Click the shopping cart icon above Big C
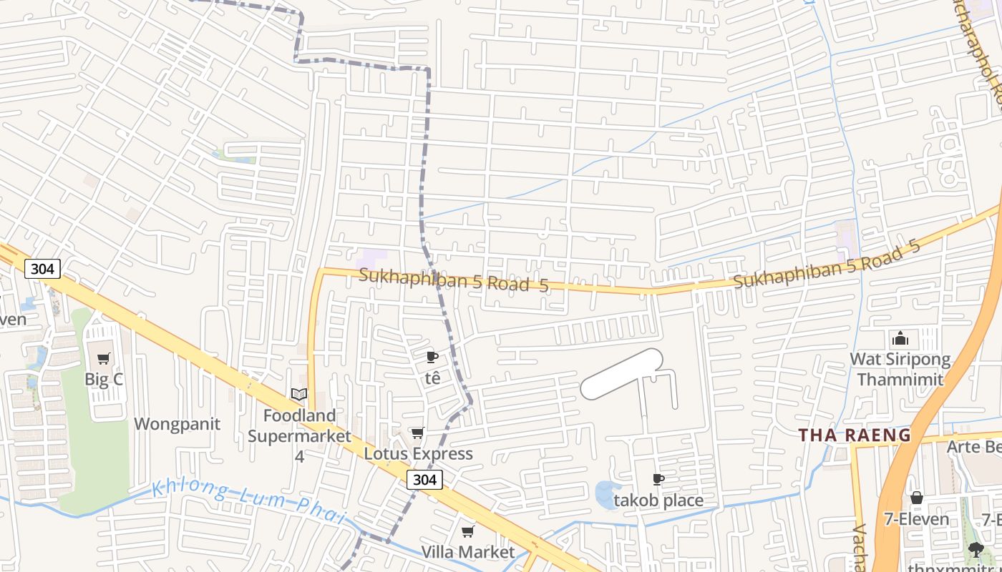(104, 358)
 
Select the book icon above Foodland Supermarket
(299, 394)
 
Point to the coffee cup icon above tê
(432, 356)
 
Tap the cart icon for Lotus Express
(417, 433)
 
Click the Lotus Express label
(418, 454)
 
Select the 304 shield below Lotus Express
(424, 480)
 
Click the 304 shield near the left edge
(42, 269)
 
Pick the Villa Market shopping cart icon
(468, 531)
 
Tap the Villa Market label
(467, 552)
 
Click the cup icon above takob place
(658, 479)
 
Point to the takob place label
(658, 500)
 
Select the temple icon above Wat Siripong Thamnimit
(900, 338)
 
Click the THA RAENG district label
(855, 435)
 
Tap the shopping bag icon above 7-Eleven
(917, 498)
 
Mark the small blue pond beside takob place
(605, 495)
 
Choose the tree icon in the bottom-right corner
(975, 549)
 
